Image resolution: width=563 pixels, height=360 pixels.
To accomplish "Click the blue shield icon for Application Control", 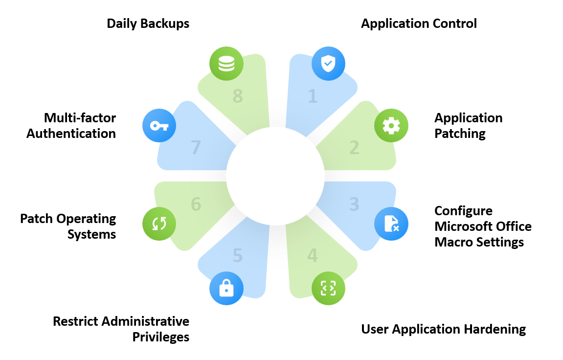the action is click(328, 64).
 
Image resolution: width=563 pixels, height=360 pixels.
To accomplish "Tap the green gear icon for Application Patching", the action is click(391, 126).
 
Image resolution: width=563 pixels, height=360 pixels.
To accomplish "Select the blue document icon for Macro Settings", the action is click(391, 224).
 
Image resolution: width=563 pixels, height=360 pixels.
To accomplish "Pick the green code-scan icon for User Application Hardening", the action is click(328, 288).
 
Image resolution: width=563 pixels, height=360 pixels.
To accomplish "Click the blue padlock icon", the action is click(226, 288).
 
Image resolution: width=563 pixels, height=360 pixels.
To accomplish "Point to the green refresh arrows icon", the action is click(159, 224).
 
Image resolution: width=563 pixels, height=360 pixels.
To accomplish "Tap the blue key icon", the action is click(159, 126).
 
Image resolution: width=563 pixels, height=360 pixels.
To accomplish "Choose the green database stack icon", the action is click(226, 64).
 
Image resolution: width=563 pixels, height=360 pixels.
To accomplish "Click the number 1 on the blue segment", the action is click(313, 96).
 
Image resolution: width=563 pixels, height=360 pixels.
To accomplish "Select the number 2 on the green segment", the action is click(354, 148).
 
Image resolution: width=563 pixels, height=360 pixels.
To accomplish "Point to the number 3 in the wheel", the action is click(354, 204).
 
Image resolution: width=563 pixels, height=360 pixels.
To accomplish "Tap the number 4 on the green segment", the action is click(313, 255).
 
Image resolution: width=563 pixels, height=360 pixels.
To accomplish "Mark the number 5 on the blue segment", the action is click(237, 255).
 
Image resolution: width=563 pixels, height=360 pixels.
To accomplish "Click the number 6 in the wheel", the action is click(196, 204).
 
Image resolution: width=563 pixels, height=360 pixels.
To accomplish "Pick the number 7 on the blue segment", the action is click(196, 148).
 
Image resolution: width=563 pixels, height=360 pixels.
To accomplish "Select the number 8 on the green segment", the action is click(237, 96).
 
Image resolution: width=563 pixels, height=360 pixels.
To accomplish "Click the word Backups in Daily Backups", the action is click(164, 24).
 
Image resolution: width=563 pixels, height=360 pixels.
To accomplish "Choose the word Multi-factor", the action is click(80, 118).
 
